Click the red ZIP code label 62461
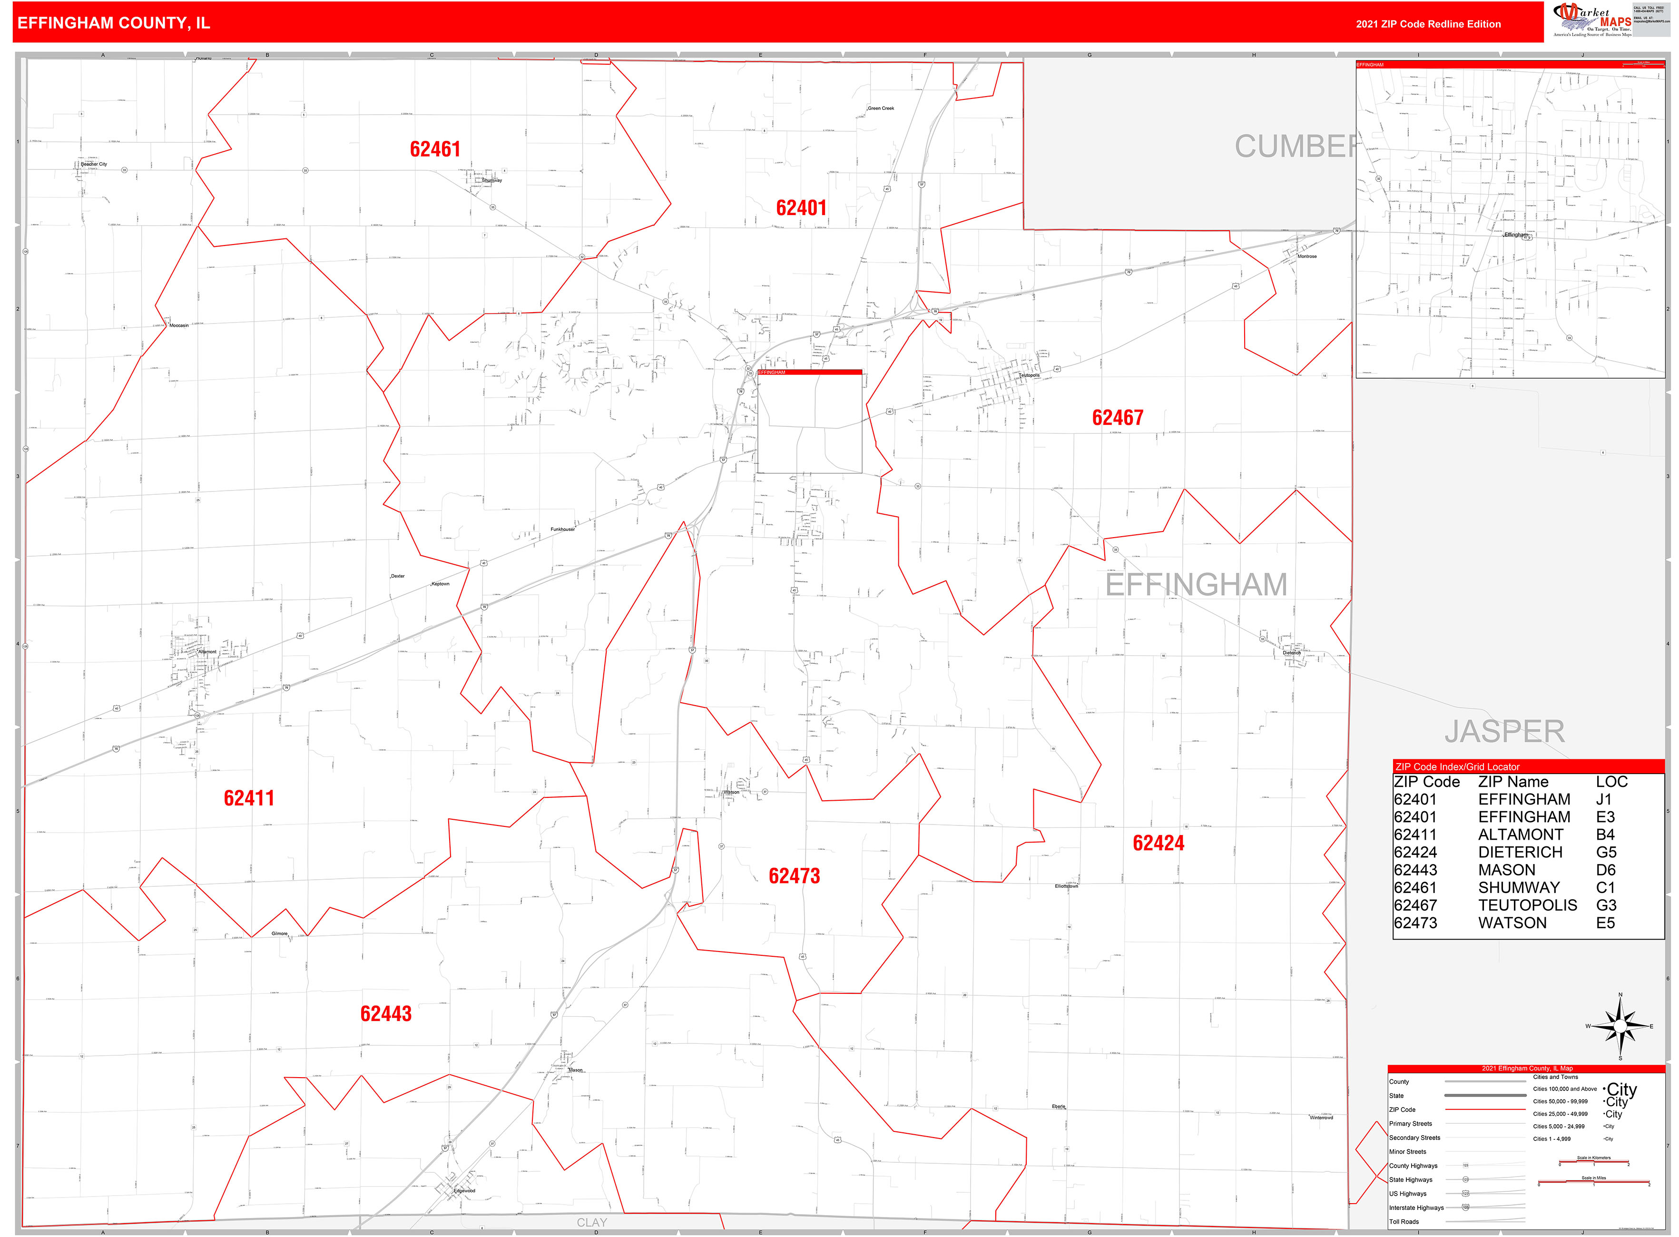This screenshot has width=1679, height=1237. pyautogui.click(x=434, y=149)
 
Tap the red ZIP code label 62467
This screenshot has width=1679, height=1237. pyautogui.click(x=1117, y=418)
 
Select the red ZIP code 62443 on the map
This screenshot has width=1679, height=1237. pyautogui.click(x=386, y=1014)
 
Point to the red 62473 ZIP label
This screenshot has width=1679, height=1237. pyautogui.click(x=794, y=876)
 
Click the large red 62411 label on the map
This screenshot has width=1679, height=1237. pyautogui.click(x=249, y=798)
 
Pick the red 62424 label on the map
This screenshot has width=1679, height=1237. pyautogui.click(x=1158, y=843)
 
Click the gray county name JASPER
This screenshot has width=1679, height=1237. pyautogui.click(x=1504, y=732)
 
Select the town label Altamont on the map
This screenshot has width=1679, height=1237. pyautogui.click(x=206, y=651)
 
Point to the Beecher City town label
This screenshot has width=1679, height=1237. pyautogui.click(x=94, y=164)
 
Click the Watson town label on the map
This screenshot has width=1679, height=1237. pyautogui.click(x=731, y=792)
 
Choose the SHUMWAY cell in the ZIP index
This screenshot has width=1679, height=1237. pyautogui.click(x=1518, y=887)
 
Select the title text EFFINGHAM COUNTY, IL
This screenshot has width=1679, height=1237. pyautogui.click(x=113, y=23)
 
